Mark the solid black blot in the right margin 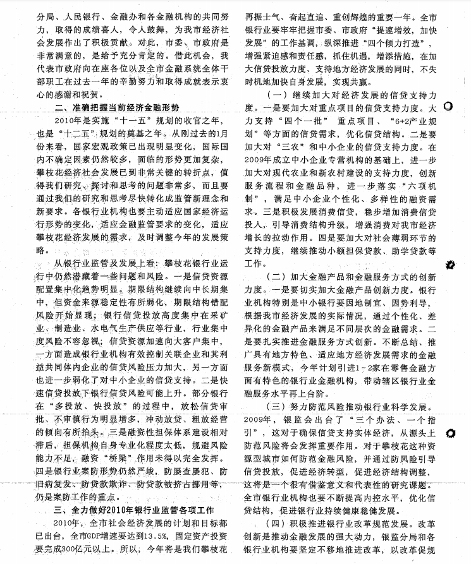tap(450, 265)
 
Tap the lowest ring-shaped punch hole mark tap(450, 433)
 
